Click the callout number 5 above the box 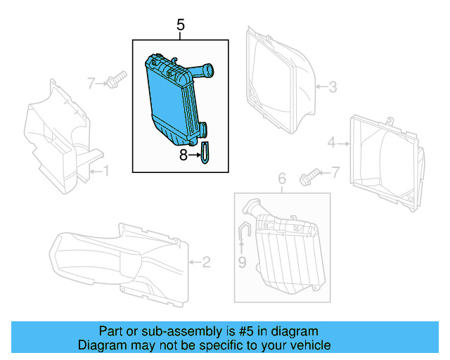[181, 26]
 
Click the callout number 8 [184, 155]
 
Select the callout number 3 [333, 87]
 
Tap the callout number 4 [331, 144]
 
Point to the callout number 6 [282, 180]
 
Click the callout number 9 [241, 264]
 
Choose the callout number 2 [206, 264]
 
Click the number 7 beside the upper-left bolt [91, 84]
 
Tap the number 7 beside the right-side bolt [335, 172]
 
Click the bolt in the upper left [115, 79]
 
